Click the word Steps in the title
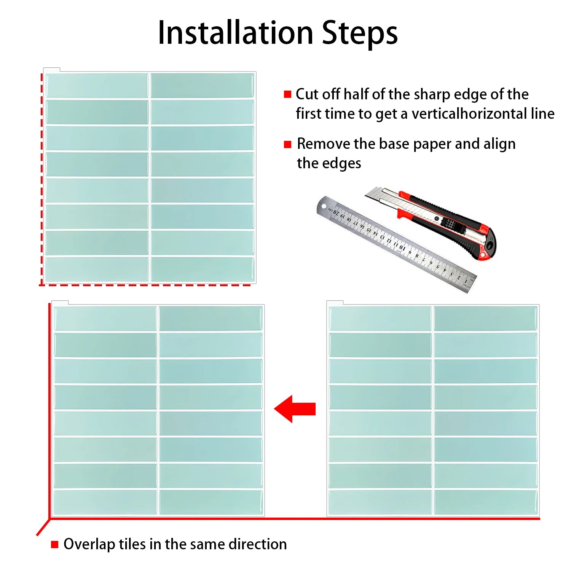[x=359, y=33]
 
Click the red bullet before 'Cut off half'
[x=287, y=94]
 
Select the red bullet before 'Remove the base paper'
[x=287, y=144]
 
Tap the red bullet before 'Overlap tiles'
[x=54, y=545]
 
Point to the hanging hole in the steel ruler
[x=323, y=206]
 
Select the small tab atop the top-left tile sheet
[x=52, y=70]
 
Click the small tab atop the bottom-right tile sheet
[x=335, y=303]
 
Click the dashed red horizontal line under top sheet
[x=145, y=285]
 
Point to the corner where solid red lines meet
[x=50, y=518]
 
